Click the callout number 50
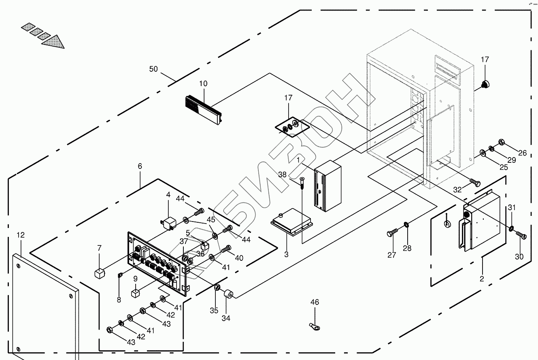153,69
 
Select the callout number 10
203,84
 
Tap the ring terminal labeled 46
315,327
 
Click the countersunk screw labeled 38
302,183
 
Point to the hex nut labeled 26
501,142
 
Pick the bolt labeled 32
475,183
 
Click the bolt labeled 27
392,232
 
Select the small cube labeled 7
100,274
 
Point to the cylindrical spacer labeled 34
228,295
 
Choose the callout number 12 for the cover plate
21,235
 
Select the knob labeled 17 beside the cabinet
485,84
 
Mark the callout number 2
482,279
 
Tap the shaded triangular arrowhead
53,42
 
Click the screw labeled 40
226,249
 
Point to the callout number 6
140,166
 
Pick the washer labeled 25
482,153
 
